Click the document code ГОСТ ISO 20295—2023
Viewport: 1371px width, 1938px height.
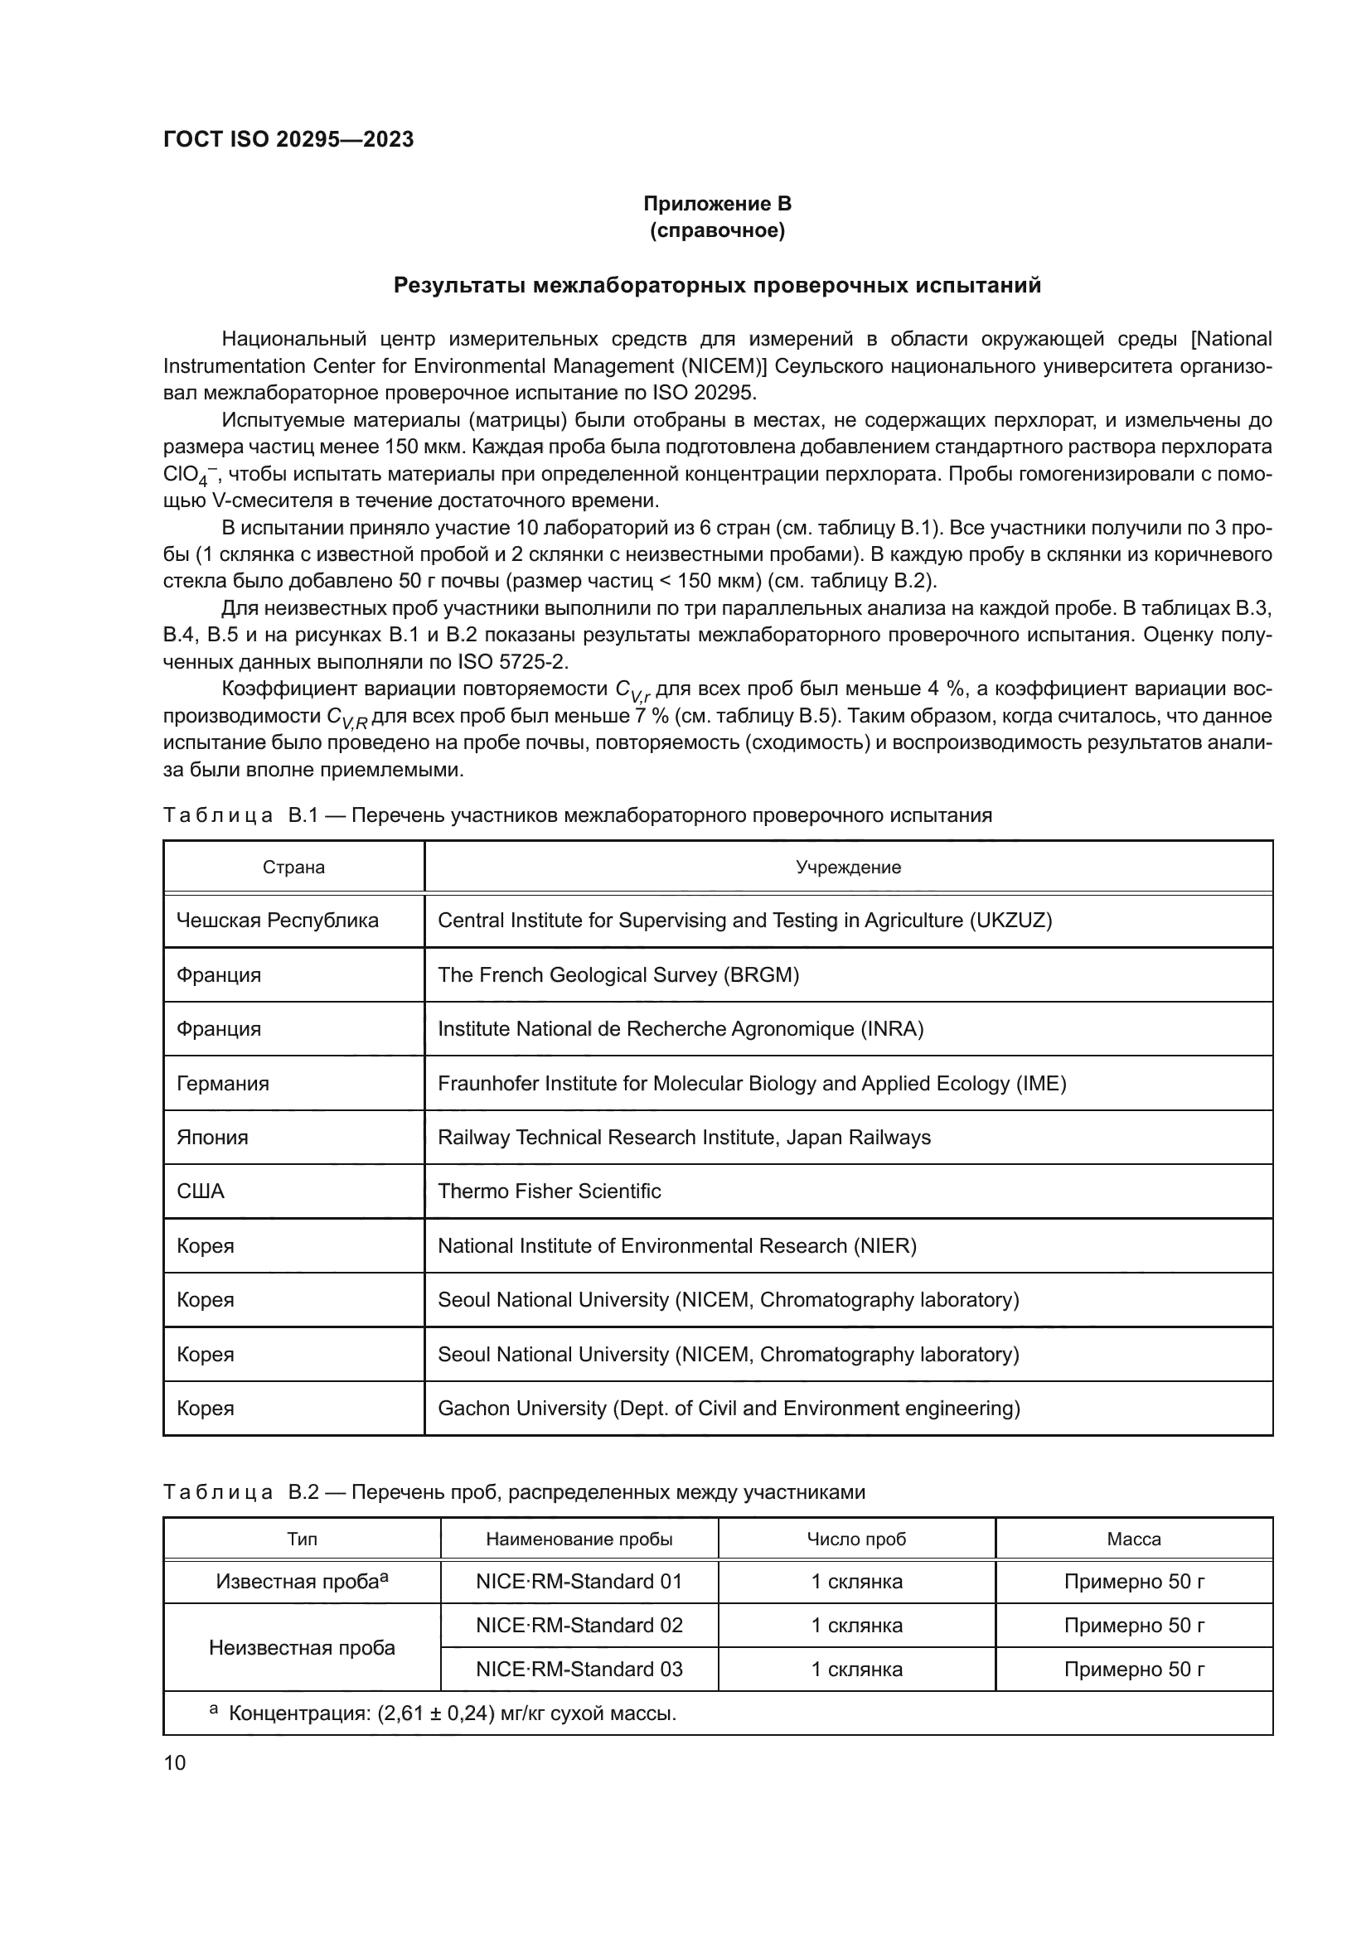(x=288, y=140)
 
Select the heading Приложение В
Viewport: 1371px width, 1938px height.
(x=717, y=204)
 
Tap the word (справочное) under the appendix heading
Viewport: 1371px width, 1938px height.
(x=717, y=230)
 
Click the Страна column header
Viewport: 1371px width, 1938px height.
(x=293, y=867)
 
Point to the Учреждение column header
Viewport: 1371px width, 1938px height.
(x=848, y=867)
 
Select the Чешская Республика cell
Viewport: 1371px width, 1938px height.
(x=277, y=920)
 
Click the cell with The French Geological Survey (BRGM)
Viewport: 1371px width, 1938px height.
(x=618, y=975)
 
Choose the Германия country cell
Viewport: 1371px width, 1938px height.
(x=223, y=1083)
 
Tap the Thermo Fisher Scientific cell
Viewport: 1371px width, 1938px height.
(x=549, y=1191)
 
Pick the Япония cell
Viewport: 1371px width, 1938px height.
(x=213, y=1137)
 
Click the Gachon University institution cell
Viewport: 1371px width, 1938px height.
(x=729, y=1408)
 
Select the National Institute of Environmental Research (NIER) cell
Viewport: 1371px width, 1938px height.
(x=676, y=1246)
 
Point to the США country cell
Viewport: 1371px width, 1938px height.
(x=201, y=1191)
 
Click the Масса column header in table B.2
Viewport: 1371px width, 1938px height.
(x=1133, y=1539)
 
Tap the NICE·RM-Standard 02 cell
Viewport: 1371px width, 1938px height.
(x=579, y=1625)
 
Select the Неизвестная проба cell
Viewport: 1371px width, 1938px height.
(x=302, y=1647)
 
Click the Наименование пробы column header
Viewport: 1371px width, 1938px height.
(x=579, y=1539)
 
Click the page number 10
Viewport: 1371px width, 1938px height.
(x=175, y=1762)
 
